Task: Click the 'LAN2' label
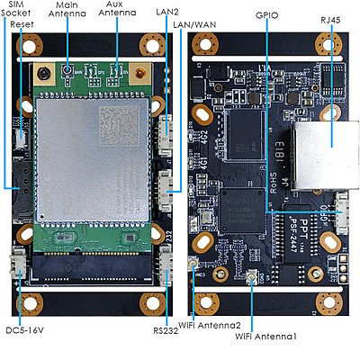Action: pos(166,12)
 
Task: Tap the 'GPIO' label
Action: pos(266,16)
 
